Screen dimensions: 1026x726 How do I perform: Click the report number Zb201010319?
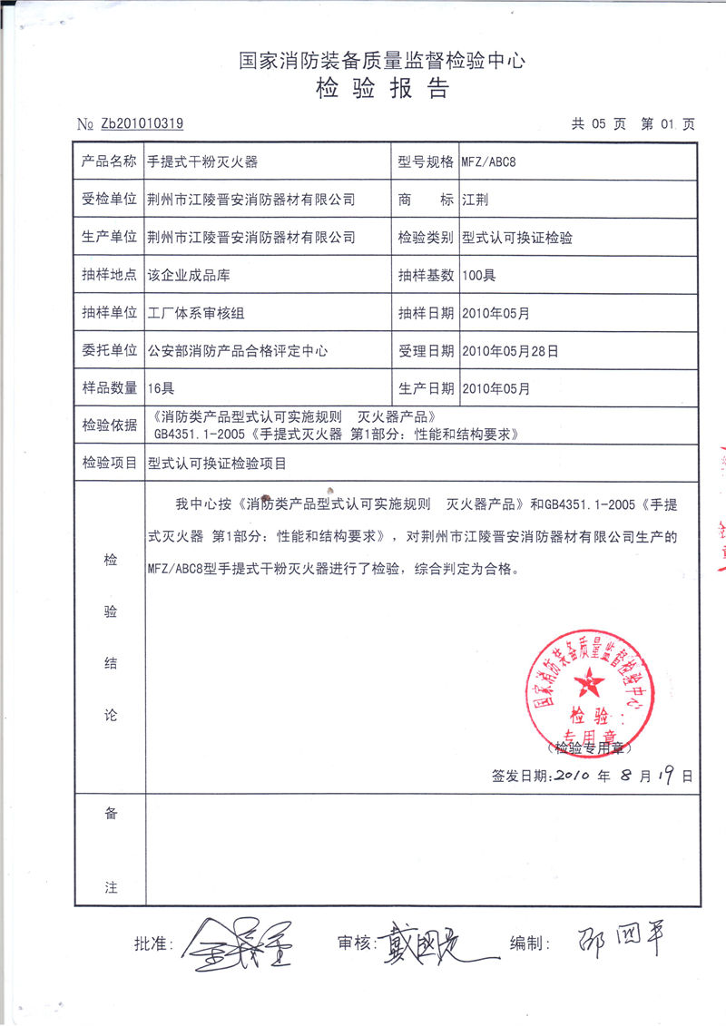142,124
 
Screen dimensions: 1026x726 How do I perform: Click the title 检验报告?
382,89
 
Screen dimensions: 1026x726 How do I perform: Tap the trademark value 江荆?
474,200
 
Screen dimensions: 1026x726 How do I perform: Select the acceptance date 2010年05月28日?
510,350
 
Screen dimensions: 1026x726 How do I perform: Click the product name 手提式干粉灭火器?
203,161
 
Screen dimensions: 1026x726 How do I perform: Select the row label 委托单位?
109,350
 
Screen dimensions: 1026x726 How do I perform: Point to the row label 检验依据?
109,425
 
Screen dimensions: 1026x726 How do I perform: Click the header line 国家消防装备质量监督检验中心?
381,61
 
